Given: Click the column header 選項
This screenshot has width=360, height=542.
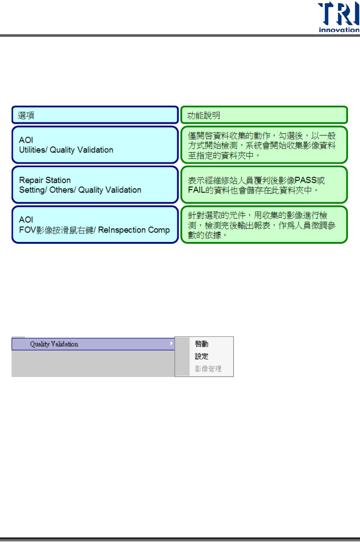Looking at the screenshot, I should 26,116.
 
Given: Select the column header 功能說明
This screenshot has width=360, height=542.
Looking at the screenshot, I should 204,116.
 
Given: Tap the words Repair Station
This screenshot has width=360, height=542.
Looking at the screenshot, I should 45,180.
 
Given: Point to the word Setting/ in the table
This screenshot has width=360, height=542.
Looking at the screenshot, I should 33,190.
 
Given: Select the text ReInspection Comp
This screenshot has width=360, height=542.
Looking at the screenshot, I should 134,230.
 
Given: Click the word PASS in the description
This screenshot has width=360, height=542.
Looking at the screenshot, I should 306,181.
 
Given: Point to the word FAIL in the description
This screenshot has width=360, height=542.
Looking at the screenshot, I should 196,190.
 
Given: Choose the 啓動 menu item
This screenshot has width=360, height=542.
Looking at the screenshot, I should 202,344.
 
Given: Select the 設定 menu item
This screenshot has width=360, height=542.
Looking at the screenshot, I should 202,356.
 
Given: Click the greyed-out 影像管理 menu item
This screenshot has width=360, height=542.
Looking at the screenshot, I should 208,369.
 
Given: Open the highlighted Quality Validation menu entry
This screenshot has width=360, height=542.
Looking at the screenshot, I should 54,344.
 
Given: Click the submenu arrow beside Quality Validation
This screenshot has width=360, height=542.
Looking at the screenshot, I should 171,343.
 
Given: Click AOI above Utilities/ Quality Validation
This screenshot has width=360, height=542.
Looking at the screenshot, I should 26,140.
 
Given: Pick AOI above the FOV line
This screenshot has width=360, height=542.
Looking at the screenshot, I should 26,219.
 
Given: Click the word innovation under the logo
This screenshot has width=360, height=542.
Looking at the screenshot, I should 339,30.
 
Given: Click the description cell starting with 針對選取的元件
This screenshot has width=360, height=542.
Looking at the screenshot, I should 264,225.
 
